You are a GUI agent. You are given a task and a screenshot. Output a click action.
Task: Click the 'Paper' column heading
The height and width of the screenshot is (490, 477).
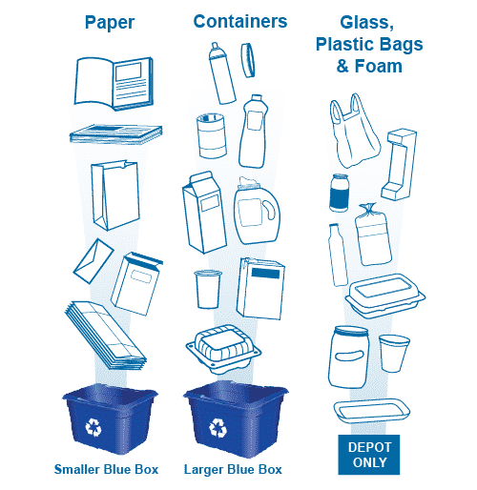coord(110,23)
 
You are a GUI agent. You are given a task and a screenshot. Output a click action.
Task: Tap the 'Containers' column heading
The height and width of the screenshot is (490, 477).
coord(240,22)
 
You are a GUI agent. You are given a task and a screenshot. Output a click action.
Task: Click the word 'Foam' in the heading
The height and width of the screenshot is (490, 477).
coord(379,66)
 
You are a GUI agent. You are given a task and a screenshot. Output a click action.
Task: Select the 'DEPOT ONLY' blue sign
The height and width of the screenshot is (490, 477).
coord(369,455)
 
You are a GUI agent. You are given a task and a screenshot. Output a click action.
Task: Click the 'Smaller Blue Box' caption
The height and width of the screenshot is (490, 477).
coord(106,469)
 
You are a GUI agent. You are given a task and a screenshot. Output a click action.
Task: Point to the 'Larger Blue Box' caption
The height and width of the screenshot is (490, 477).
coord(233,469)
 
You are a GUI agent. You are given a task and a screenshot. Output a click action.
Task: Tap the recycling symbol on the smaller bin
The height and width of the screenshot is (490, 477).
coord(93,427)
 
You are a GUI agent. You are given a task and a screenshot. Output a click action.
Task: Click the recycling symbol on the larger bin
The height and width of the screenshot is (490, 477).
coord(218,427)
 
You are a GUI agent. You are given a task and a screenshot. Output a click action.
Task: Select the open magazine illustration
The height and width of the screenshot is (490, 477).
coord(114,83)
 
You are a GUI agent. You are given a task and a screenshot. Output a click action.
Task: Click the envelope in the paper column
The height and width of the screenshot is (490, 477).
coord(93,261)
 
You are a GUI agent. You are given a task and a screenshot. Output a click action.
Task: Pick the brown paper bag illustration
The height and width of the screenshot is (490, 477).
coord(115,195)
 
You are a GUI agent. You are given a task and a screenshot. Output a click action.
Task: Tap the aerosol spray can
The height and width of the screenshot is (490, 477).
coord(222,73)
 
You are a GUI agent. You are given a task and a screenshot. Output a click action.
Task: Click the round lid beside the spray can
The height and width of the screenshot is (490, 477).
coord(248,60)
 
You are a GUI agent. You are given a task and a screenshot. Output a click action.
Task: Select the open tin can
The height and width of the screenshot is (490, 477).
coord(212,135)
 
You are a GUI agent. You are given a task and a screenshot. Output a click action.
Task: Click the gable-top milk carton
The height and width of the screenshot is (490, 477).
coord(204,213)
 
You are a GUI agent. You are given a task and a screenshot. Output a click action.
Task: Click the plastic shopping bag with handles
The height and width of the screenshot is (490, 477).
coord(354,131)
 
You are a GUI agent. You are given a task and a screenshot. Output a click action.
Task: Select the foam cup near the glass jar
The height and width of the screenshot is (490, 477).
coord(394,353)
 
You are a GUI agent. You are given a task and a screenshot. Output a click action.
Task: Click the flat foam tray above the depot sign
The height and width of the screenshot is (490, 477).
coord(372,411)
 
